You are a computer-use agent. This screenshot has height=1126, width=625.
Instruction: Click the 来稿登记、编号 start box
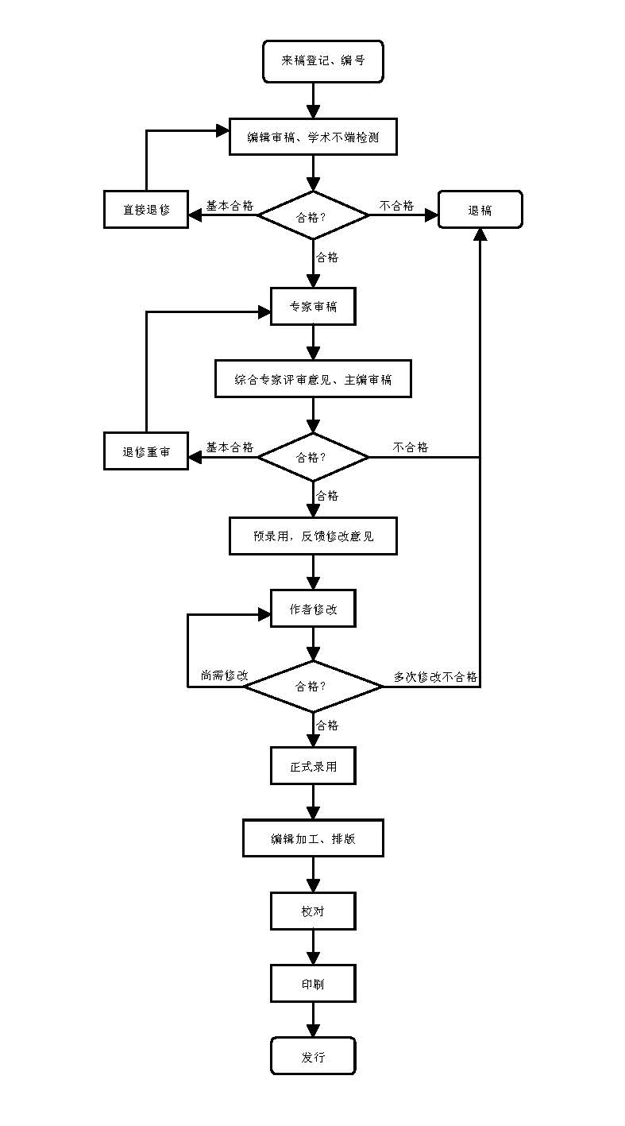tap(323, 61)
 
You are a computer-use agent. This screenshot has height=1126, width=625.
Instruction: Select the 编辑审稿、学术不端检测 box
tap(313, 137)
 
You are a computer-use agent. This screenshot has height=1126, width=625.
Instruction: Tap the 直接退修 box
tap(146, 210)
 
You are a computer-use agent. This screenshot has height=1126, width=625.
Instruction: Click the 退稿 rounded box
tap(480, 210)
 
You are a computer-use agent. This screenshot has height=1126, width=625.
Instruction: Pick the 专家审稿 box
tap(313, 306)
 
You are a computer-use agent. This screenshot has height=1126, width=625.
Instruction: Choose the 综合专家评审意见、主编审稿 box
tap(313, 379)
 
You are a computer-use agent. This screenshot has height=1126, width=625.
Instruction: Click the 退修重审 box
tap(146, 451)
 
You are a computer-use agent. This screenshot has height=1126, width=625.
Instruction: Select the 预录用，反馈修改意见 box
tap(313, 536)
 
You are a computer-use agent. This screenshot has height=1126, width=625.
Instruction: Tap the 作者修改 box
tap(313, 609)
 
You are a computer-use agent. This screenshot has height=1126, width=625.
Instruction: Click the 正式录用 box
tap(313, 766)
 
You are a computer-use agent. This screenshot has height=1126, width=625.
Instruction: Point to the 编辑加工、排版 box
tap(313, 838)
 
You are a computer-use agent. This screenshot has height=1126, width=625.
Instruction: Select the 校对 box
tap(313, 911)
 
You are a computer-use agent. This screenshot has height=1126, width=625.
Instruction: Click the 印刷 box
tap(313, 984)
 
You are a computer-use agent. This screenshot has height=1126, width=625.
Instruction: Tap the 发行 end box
tap(313, 1056)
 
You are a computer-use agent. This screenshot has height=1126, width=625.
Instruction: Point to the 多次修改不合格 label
tap(435, 676)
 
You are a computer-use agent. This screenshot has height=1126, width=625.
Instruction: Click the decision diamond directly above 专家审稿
tap(313, 215)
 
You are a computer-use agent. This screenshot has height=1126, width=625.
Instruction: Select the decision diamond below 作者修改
tap(313, 687)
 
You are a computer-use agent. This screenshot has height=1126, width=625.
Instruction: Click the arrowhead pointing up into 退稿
tap(480, 234)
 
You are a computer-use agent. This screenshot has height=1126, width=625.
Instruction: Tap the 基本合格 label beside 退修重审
tap(230, 447)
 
